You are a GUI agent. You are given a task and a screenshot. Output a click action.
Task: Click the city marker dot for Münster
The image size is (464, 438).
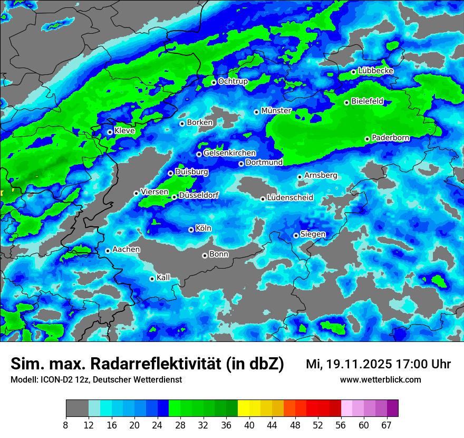257,112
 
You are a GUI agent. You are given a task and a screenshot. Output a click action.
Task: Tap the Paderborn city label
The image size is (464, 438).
390,138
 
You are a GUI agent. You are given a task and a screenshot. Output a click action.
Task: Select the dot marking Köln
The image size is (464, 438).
191,230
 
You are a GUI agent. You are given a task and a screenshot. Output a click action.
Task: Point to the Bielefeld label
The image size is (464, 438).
368,101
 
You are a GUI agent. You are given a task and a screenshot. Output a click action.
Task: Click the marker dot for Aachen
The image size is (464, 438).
108,251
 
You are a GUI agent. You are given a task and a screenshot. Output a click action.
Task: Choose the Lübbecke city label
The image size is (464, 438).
375,71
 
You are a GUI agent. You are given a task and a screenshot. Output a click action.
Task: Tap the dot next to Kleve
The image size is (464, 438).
110,132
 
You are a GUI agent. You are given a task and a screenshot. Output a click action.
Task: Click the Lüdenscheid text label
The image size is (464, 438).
290,198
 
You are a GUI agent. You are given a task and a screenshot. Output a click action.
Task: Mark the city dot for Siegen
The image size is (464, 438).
296,235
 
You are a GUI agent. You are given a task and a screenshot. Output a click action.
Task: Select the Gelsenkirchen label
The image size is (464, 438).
229,153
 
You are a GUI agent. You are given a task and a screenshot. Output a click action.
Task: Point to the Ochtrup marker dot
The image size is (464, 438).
214,82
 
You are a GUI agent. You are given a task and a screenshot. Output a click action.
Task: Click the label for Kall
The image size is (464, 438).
163,278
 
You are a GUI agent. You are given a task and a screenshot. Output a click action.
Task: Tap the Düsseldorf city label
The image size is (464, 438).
198,195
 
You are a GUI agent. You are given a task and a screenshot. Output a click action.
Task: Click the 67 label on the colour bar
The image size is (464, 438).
386,425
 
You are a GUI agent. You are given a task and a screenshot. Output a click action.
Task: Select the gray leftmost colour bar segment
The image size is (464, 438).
77,408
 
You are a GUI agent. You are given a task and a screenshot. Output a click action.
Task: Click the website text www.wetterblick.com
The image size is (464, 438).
380,379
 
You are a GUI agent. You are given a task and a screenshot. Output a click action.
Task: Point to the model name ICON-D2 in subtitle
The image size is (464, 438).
51,380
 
